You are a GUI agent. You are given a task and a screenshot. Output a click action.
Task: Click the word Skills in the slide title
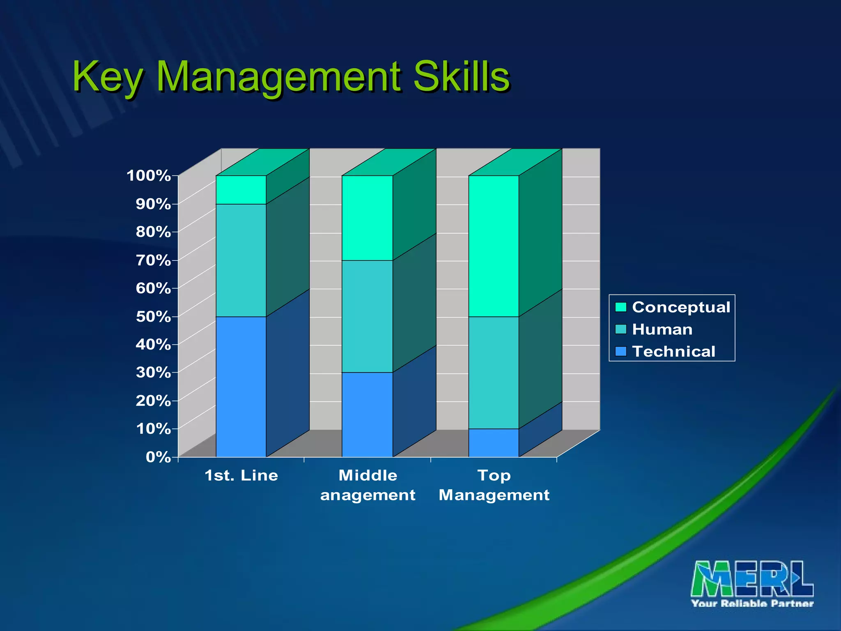pos(461,76)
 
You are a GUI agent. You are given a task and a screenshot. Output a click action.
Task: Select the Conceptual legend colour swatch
pos(620,307)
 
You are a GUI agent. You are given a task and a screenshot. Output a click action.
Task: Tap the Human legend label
pos(662,329)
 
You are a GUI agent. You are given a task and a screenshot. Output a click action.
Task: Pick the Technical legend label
pos(673,352)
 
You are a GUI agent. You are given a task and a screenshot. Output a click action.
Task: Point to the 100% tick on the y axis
pos(149,176)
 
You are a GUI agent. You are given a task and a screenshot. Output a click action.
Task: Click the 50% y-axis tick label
pos(153,316)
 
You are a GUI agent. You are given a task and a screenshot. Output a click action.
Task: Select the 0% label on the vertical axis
pos(158,457)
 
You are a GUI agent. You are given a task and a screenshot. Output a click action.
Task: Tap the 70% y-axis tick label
pos(153,260)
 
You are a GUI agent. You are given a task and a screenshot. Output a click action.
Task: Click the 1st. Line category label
pos(241,476)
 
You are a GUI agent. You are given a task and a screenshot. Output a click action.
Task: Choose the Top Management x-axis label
pos(494,485)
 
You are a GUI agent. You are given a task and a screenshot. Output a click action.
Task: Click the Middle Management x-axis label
pos(368,485)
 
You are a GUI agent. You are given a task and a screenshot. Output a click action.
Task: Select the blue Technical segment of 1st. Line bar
pos(241,386)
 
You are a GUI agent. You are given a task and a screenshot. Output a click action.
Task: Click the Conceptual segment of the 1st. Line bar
pos(241,190)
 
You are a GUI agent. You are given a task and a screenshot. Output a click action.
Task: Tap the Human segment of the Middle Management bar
pos(367,316)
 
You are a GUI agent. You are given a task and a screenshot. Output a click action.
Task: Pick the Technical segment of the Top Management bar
pos(494,443)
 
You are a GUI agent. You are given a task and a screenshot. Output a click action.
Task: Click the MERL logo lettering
pos(752,579)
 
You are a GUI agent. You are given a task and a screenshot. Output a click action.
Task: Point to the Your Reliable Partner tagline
pos(752,603)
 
